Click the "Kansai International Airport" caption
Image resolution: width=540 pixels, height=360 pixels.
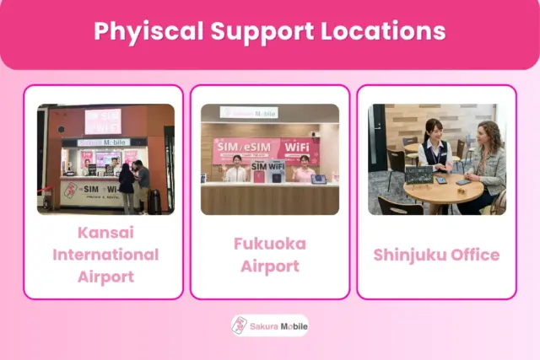point(105,254)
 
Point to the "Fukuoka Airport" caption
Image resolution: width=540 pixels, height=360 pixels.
point(270,255)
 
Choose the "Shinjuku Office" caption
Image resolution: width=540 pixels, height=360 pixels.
point(436,255)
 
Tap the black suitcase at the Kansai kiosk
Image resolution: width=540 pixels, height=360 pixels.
point(154,201)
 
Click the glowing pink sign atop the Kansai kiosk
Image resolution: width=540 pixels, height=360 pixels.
point(104,121)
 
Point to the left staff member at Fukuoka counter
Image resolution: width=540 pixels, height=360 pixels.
point(236,169)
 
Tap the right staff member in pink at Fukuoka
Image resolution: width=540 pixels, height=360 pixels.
point(302,170)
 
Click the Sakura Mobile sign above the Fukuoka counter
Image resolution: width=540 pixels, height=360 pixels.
point(249,112)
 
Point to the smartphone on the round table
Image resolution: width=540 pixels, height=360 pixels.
point(463,181)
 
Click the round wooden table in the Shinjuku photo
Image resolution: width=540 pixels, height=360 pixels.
point(443,190)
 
